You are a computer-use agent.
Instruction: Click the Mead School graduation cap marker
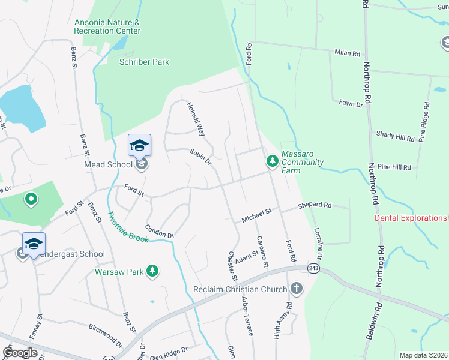[139, 146]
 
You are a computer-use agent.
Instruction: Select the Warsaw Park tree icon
[153, 272]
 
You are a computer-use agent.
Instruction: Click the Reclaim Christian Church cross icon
[296, 289]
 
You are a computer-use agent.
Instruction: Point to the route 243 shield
[313, 267]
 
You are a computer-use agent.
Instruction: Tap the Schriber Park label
[144, 62]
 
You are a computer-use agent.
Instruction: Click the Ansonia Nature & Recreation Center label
[107, 26]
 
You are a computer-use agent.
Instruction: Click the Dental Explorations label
[411, 218]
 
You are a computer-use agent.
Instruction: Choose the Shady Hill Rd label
[395, 137]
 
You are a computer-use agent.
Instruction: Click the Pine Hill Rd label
[395, 167]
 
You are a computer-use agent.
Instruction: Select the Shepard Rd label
[315, 205]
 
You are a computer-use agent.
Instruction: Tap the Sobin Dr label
[201, 157]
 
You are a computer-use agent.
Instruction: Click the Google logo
[20, 352]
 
